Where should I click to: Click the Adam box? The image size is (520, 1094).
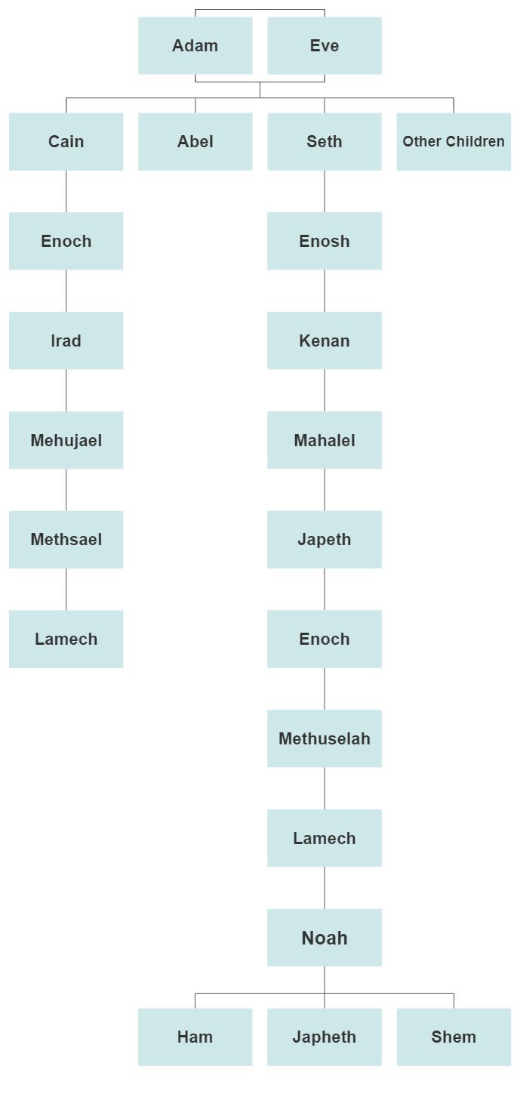coord(195,45)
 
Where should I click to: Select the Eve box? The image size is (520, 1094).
coord(325,45)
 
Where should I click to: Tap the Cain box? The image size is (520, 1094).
coord(66,141)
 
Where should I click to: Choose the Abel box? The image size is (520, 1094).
coord(195,141)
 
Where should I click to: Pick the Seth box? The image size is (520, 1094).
coord(325,141)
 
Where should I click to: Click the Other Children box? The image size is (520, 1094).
coord(454,141)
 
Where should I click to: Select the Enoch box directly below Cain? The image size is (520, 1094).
coord(66,241)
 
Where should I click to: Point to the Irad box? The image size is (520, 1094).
coord(66,341)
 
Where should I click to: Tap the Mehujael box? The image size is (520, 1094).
coord(66,440)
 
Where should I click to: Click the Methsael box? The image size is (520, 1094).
coord(66,539)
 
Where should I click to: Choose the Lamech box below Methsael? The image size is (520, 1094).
coord(66,639)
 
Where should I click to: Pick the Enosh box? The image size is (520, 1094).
coord(325,241)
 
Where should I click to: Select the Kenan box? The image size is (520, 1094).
coord(325,341)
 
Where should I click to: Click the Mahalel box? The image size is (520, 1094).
coord(325,440)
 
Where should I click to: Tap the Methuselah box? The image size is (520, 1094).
coord(325,738)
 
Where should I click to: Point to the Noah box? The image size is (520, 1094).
coord(325,938)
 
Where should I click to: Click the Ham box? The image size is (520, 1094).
coord(195,1037)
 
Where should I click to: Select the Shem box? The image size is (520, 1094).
coord(454,1037)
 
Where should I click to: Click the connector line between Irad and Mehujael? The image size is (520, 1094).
coord(66,390)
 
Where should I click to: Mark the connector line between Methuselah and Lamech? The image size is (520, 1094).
coord(325,788)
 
